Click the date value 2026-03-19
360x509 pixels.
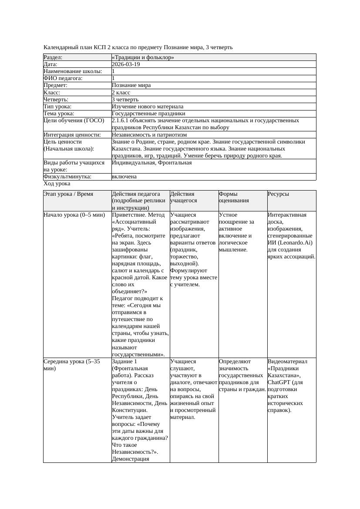tap(126, 64)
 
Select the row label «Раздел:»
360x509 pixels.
tap(53, 57)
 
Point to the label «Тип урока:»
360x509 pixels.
tap(57, 107)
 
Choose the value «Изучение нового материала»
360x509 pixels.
tap(147, 107)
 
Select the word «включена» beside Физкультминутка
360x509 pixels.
tap(124, 177)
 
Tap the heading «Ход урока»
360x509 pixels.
tap(57, 184)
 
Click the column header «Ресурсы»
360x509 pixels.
tap(278, 194)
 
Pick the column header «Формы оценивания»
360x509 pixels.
tap(234, 197)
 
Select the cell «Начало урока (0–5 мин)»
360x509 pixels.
tap(74, 215)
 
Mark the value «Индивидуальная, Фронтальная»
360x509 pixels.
tap(151, 163)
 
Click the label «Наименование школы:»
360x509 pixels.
tap(73, 71)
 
